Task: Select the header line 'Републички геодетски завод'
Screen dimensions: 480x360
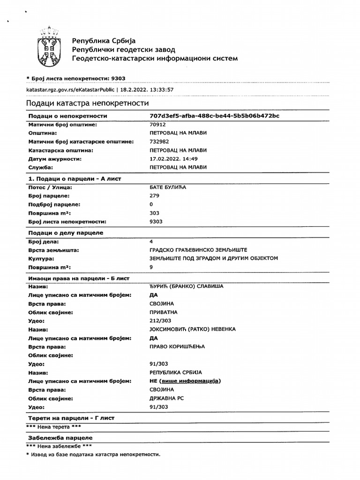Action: coord(123,49)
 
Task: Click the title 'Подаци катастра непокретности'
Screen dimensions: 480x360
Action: coord(87,103)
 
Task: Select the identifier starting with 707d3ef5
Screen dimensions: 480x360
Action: coord(214,116)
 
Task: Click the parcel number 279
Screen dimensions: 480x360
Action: coord(154,195)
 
